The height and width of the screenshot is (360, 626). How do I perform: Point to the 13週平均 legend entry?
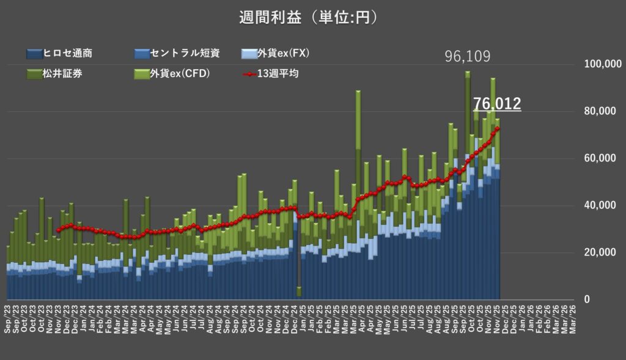point(272,74)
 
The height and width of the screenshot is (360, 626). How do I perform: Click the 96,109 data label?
point(467,57)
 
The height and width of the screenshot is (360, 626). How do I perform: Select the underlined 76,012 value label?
point(496,104)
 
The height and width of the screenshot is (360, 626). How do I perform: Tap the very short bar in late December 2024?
point(299,292)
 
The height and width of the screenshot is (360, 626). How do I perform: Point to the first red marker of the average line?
point(58,230)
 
